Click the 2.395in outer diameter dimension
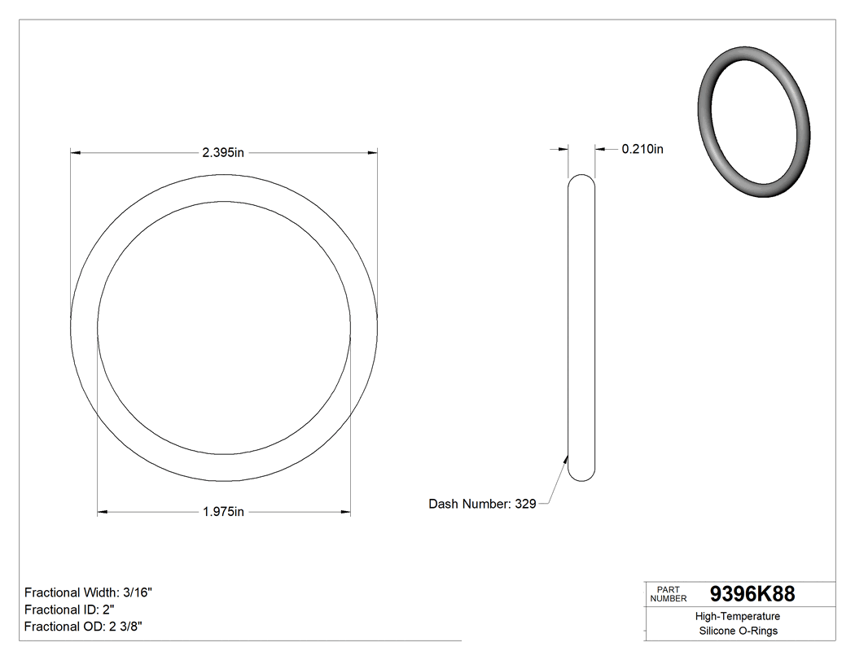coord(223,152)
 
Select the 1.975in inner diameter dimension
coord(223,512)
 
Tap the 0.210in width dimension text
coord(642,149)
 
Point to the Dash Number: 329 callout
coord(482,504)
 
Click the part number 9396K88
coord(752,594)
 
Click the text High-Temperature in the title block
coord(738,617)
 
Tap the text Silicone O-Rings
coord(738,631)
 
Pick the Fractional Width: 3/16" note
coord(88,593)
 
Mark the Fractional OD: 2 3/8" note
coord(85,626)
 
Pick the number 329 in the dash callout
coord(525,504)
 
